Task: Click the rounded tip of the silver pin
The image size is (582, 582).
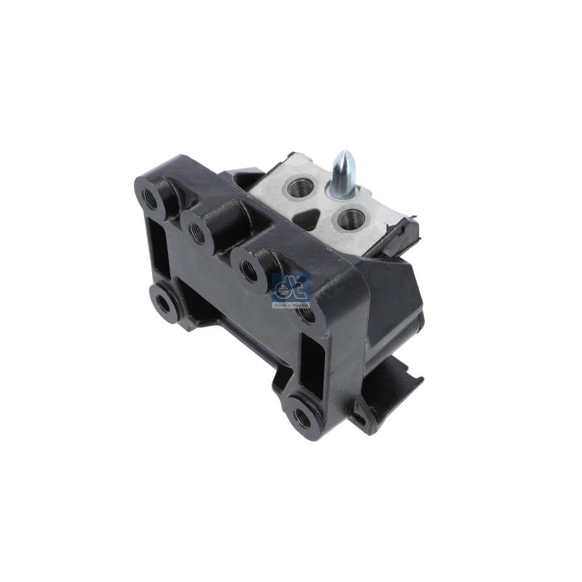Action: [344, 157]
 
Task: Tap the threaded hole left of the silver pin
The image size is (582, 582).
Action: [300, 188]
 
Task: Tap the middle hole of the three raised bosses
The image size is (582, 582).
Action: [197, 231]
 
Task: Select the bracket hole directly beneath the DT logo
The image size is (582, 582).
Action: [306, 314]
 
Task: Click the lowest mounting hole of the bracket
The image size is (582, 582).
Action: [301, 416]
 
